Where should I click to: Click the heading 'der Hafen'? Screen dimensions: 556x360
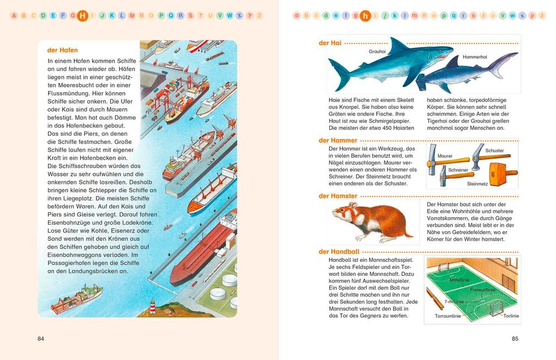pyautogui.click(x=62, y=50)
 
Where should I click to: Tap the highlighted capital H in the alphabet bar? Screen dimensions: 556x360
pyautogui.click(x=82, y=16)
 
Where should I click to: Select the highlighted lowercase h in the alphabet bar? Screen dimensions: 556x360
pyautogui.click(x=365, y=16)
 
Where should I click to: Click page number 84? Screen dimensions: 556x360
pyautogui.click(x=41, y=339)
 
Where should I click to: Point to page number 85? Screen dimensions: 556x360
pyautogui.click(x=515, y=339)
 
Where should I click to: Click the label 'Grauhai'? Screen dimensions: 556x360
pyautogui.click(x=377, y=52)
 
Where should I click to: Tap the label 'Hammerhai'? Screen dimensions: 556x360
pyautogui.click(x=475, y=57)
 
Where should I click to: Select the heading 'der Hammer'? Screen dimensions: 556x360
pyautogui.click(x=338, y=140)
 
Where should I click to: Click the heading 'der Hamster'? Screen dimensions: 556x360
pyautogui.click(x=338, y=196)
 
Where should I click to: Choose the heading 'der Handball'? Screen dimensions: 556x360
pyautogui.click(x=339, y=252)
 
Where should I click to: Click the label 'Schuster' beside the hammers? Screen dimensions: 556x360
pyautogui.click(x=494, y=151)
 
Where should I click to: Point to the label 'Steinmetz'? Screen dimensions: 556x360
pyautogui.click(x=478, y=184)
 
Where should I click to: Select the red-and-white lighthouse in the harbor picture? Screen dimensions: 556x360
pyautogui.click(x=153, y=307)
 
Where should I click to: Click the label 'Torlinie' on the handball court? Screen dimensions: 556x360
pyautogui.click(x=511, y=316)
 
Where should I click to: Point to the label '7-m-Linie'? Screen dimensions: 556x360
pyautogui.click(x=454, y=302)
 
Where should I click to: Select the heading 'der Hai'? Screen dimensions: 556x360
pyautogui.click(x=330, y=43)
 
